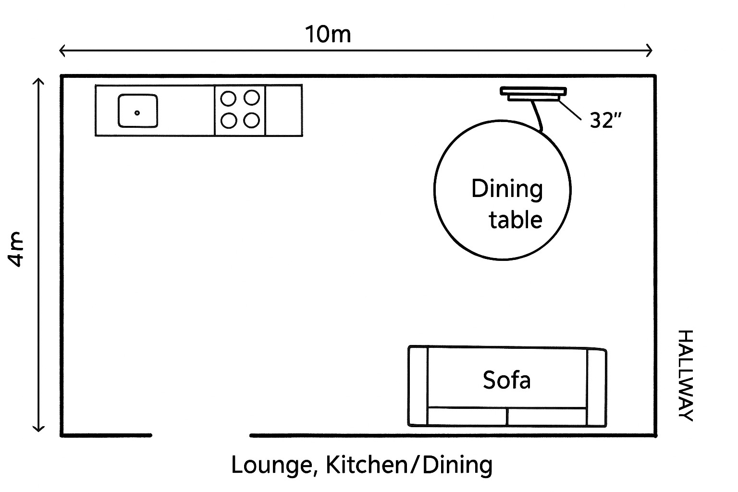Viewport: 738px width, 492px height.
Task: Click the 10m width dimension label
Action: pos(328,35)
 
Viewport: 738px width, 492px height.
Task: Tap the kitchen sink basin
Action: pos(138,111)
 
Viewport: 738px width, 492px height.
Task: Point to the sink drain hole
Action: pos(137,113)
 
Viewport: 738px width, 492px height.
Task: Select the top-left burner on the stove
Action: pos(228,98)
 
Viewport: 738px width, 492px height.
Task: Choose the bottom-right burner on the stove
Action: pos(251,120)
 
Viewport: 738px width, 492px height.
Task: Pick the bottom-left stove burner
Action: pos(228,120)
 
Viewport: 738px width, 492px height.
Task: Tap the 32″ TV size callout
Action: pos(602,120)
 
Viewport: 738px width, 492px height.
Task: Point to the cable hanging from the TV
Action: pos(537,115)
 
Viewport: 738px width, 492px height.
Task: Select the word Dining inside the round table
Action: pos(507,189)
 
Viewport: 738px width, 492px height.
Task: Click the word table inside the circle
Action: pos(516,220)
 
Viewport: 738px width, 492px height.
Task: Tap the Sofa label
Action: pos(506,380)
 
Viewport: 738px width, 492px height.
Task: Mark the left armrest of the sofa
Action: pos(418,386)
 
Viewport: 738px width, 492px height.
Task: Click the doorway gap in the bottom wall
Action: pos(201,435)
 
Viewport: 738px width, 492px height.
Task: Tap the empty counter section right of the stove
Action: pos(283,111)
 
